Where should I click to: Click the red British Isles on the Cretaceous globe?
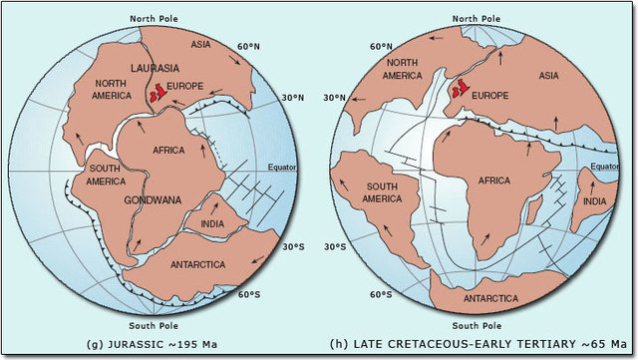click(458, 91)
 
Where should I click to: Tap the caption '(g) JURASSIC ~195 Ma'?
click(159, 345)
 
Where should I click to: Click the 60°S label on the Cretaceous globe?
click(381, 294)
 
